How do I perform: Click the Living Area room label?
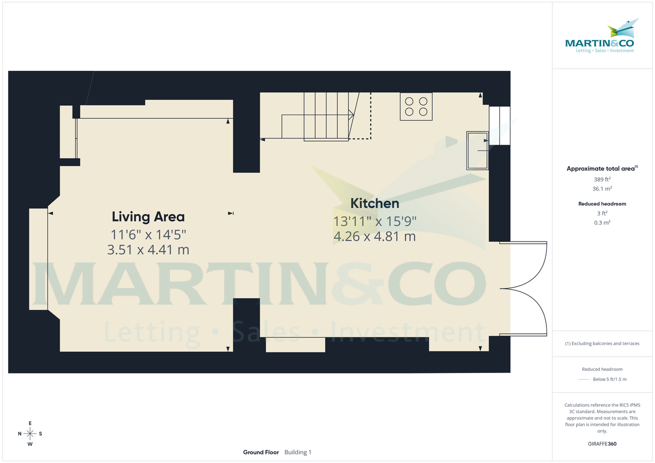(x=148, y=217)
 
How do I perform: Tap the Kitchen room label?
(x=374, y=203)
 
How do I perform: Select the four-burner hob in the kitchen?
(x=416, y=106)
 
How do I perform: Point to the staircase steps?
(x=326, y=116)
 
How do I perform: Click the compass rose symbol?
(x=30, y=434)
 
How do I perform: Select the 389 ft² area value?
(x=602, y=179)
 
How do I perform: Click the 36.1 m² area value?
(x=602, y=189)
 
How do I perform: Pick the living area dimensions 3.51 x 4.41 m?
(x=148, y=250)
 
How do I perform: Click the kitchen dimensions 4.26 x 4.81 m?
(x=374, y=237)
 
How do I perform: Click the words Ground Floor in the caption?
(x=261, y=452)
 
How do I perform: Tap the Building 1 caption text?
(x=298, y=452)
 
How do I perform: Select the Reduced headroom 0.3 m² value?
(x=602, y=223)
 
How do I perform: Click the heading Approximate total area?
(x=602, y=169)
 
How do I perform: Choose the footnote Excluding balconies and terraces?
(x=602, y=344)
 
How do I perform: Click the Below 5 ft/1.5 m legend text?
(x=609, y=379)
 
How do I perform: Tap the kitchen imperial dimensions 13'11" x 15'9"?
(x=374, y=221)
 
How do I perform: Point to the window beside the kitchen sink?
(x=499, y=125)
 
